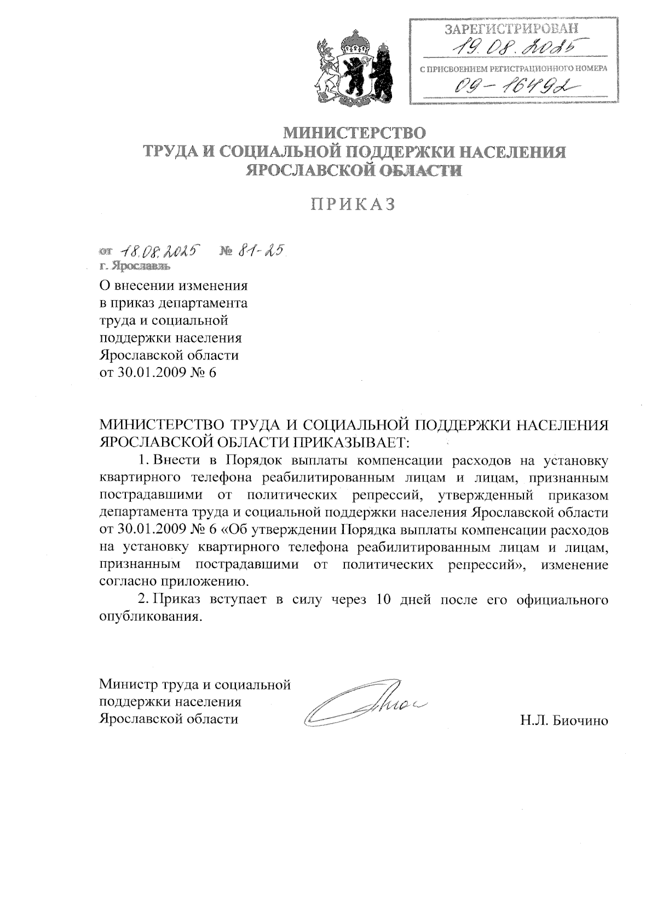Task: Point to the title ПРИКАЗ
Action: pyautogui.click(x=353, y=204)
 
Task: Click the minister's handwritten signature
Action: pyautogui.click(x=364, y=705)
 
